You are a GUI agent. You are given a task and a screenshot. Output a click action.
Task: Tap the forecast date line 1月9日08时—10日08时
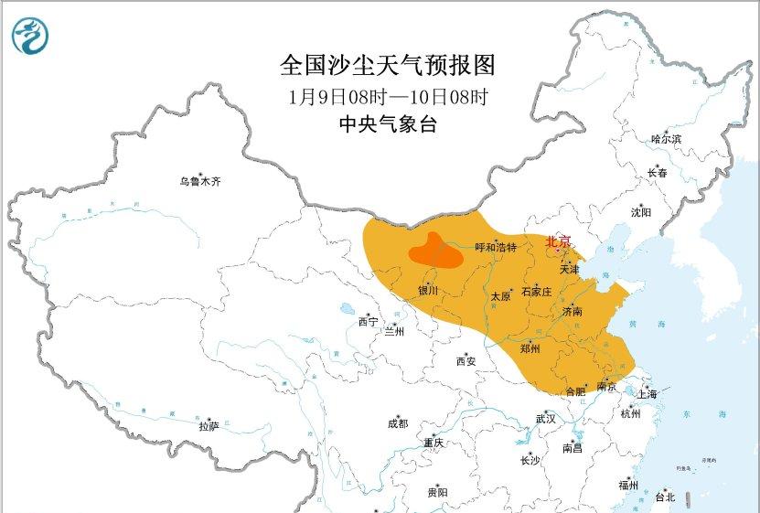387,96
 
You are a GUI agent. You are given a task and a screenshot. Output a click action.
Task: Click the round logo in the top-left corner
30,36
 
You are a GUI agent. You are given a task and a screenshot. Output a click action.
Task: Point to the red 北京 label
558,241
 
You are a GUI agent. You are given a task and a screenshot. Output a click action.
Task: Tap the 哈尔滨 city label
666,139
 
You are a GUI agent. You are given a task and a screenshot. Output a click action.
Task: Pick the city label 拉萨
209,426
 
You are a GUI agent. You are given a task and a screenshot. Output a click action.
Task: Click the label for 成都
398,423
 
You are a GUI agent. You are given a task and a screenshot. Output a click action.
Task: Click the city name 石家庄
536,292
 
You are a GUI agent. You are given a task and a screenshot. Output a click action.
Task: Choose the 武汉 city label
546,418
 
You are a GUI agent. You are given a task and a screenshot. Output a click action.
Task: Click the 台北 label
664,497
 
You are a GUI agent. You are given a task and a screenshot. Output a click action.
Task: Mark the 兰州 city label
395,330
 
